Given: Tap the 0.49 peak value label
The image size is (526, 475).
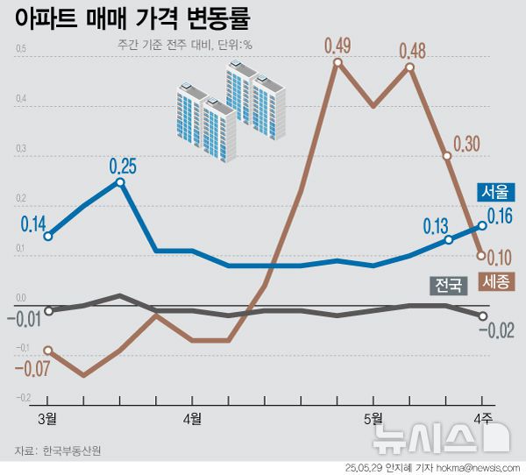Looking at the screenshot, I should click(x=337, y=45).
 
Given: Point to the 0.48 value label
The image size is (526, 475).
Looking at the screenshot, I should click(x=412, y=51).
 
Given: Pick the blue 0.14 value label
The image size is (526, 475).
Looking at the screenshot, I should click(x=32, y=223).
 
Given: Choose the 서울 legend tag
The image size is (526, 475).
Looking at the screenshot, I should click(x=494, y=192).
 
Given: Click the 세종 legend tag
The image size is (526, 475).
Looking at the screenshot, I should click(x=497, y=282).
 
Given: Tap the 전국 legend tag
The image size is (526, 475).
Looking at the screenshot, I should click(x=447, y=286).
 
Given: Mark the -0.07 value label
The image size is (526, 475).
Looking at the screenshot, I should click(x=32, y=368).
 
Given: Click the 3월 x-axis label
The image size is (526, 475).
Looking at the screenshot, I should click(x=48, y=415).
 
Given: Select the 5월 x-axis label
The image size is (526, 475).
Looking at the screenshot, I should click(x=374, y=415).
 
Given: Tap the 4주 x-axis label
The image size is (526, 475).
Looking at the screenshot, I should click(x=482, y=415).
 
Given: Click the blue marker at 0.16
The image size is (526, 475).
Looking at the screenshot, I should click(x=482, y=225).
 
